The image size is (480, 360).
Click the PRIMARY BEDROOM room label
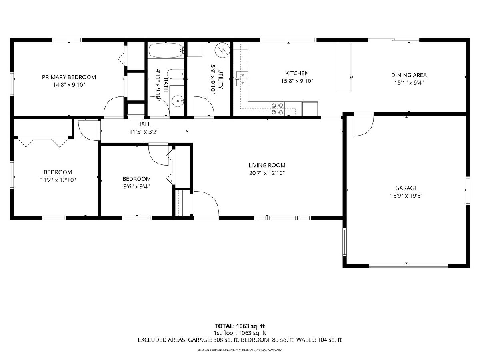click(x=69, y=77)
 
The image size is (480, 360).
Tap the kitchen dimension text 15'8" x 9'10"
click(x=297, y=81)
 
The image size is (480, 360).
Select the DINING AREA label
click(x=409, y=75)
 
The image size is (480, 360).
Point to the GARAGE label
click(x=406, y=188)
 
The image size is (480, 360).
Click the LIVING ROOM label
click(x=267, y=165)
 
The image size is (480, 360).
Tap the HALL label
click(x=144, y=124)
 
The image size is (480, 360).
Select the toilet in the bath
click(x=176, y=74)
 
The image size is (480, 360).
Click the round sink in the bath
click(x=178, y=101)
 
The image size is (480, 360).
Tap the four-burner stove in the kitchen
click(x=277, y=109)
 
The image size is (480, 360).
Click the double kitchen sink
click(x=242, y=78)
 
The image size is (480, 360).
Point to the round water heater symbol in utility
click(x=222, y=50)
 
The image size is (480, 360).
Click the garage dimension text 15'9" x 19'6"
click(x=406, y=196)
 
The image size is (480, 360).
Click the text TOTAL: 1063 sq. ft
click(x=240, y=326)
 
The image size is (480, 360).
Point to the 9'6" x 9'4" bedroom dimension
click(x=137, y=187)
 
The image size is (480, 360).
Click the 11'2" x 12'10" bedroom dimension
click(x=58, y=180)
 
